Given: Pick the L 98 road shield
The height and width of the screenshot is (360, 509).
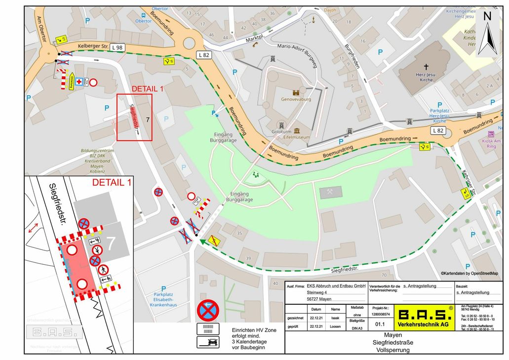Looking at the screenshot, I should (117, 47).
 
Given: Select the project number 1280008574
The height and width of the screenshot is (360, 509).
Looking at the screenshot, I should (381, 314).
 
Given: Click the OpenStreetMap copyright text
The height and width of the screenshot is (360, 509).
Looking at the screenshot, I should (469, 273).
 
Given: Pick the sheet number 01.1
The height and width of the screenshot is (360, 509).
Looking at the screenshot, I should (380, 325).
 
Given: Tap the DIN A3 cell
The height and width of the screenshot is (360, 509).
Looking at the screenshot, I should (356, 327).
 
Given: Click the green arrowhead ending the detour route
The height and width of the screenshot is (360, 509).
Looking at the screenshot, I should (202, 241).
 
